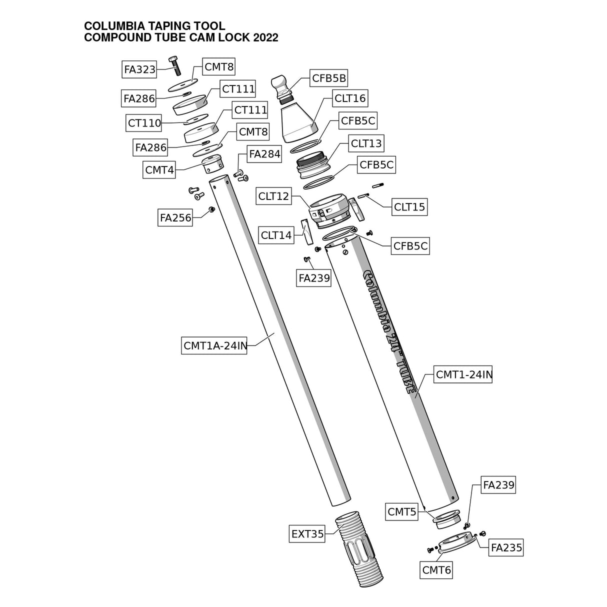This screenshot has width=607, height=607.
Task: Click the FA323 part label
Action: click(x=139, y=69)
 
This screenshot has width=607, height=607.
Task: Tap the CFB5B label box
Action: click(x=329, y=78)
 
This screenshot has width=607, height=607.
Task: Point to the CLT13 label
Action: click(x=366, y=143)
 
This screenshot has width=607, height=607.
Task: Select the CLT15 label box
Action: click(x=409, y=206)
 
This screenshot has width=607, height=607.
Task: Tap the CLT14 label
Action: click(x=276, y=234)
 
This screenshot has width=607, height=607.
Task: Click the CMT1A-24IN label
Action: click(x=214, y=345)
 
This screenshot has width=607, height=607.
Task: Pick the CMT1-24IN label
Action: click(x=463, y=374)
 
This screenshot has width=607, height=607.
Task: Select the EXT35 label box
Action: click(x=307, y=534)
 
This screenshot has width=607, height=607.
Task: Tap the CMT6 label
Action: click(x=436, y=569)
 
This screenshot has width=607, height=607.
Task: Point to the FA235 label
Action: click(x=506, y=547)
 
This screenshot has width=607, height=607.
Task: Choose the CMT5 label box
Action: click(x=402, y=511)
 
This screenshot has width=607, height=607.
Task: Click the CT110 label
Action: click(x=144, y=122)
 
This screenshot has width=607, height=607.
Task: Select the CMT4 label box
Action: click(x=159, y=169)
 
